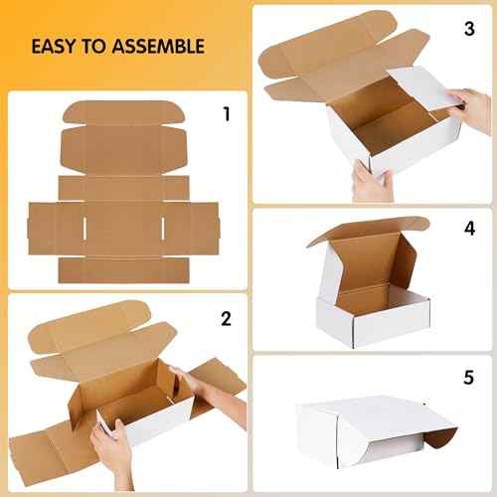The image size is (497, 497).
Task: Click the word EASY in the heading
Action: (54, 46)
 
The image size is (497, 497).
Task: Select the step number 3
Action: (468, 28)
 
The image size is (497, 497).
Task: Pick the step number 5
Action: (468, 379)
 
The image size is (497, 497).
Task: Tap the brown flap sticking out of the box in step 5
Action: (442, 432)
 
